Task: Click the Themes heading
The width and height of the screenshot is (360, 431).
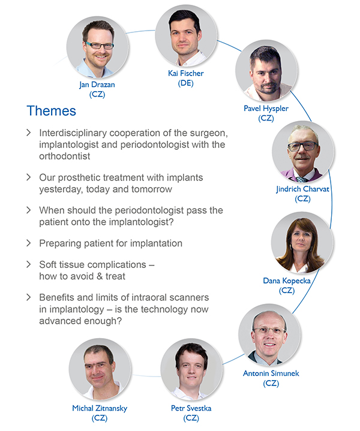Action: click(51, 111)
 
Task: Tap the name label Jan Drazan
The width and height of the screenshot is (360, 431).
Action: click(97, 85)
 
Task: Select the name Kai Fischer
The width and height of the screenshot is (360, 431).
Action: click(186, 73)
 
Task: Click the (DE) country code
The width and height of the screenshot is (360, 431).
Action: click(186, 83)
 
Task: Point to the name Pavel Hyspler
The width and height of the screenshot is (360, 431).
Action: click(266, 108)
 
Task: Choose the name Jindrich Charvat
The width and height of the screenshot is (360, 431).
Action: click(302, 189)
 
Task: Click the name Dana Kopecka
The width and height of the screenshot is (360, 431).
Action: click(287, 281)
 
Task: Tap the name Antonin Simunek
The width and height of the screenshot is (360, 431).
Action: click(271, 373)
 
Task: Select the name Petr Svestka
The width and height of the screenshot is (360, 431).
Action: click(191, 408)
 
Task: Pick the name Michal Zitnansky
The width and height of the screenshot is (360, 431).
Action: click(100, 408)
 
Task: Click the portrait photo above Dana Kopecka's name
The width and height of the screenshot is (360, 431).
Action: click(302, 242)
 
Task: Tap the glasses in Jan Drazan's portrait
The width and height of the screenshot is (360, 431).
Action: click(100, 46)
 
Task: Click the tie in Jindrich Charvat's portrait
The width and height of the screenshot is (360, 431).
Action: click(302, 179)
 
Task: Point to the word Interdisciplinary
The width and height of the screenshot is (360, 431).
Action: click(73, 133)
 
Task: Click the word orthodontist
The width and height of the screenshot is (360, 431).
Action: click(65, 156)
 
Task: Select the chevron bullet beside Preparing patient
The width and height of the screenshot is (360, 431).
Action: click(28, 243)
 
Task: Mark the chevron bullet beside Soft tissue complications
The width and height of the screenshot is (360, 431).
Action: click(28, 264)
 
